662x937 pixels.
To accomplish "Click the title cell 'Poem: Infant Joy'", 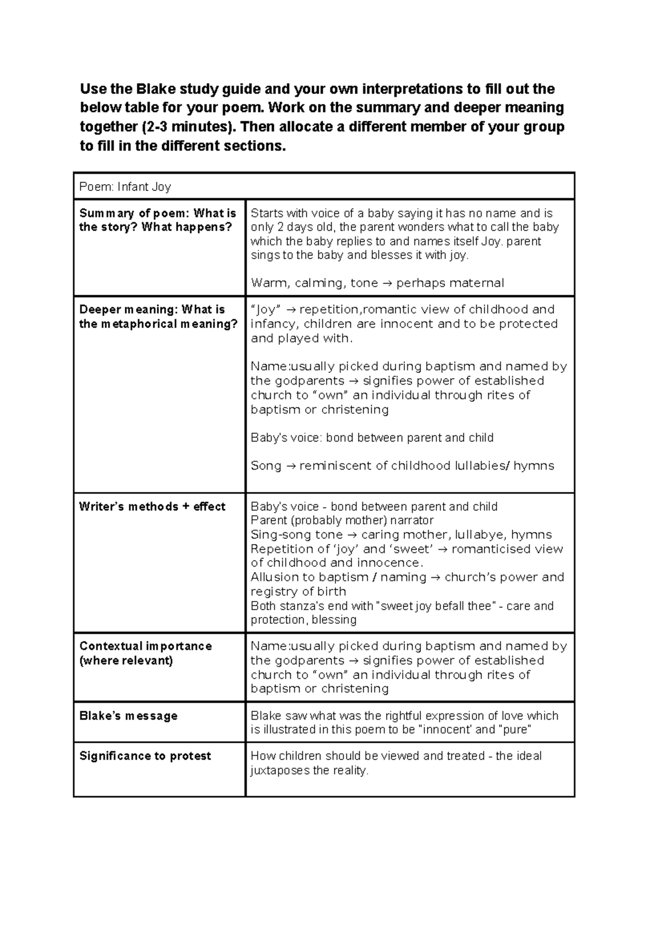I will coord(125,187).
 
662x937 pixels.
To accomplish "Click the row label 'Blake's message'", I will coord(129,716).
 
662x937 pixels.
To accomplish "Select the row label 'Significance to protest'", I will coord(145,756).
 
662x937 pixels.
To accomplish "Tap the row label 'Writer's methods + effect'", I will coord(152,507).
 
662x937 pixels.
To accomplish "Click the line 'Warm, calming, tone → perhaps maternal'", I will coord(377,283).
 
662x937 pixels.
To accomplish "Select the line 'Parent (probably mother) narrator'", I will coord(342,520).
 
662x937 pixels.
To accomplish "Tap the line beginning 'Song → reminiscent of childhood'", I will coord(402,466).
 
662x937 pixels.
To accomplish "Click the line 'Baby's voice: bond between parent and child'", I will coord(372,438).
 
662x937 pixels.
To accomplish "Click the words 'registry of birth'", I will coord(298,592).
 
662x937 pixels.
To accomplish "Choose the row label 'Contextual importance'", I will coord(146,646).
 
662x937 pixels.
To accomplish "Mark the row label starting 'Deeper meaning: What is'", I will coord(152,310).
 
